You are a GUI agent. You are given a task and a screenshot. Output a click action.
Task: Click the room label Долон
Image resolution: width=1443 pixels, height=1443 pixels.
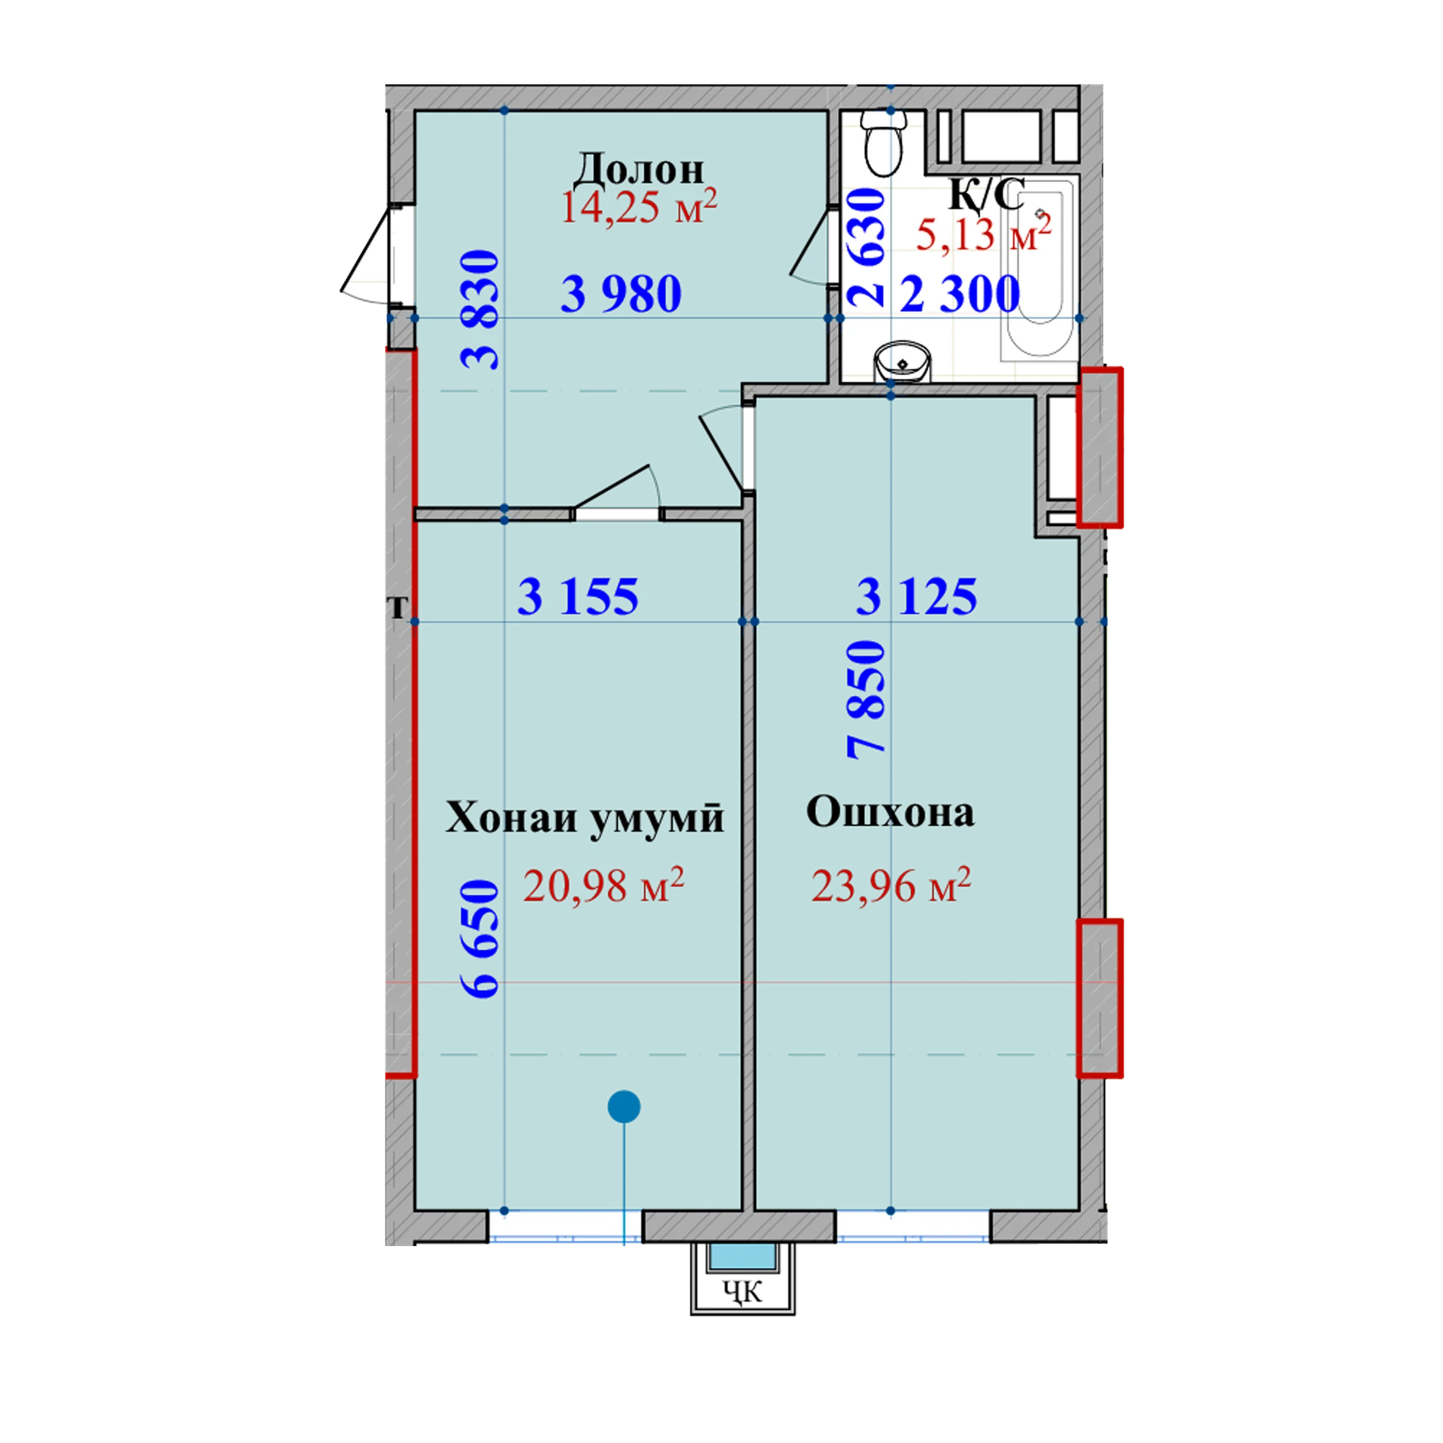(x=639, y=170)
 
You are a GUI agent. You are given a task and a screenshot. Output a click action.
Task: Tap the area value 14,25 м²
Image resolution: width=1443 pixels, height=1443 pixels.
(x=639, y=207)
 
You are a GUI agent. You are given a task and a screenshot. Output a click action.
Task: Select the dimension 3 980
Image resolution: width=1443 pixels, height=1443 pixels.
(x=622, y=294)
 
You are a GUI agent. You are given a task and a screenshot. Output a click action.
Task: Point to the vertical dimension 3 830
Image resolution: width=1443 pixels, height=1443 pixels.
(x=480, y=310)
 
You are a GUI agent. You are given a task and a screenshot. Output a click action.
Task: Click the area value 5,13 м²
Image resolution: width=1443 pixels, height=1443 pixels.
(x=983, y=234)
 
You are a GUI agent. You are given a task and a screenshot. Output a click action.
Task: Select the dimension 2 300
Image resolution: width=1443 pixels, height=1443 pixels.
(x=960, y=294)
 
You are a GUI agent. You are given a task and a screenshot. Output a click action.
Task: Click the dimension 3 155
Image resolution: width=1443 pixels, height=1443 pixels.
(x=578, y=597)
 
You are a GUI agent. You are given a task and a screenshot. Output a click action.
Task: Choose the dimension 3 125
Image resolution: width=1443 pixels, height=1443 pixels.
(x=917, y=597)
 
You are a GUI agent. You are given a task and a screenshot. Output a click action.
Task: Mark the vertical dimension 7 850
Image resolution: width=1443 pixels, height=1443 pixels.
(x=867, y=700)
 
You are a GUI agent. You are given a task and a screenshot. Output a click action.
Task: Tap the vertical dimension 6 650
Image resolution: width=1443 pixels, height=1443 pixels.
(x=480, y=939)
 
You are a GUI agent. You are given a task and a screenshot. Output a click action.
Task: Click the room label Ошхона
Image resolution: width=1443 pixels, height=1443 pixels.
(x=891, y=812)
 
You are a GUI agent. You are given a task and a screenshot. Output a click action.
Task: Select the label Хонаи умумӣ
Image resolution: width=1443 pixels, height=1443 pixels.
(x=585, y=817)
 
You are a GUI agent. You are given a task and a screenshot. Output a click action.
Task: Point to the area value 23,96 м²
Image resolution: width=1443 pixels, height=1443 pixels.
(x=891, y=885)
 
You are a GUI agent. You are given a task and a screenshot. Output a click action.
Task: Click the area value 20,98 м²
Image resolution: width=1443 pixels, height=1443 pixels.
(x=604, y=885)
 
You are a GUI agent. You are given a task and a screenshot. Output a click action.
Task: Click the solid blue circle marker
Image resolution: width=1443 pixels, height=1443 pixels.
(x=624, y=1106)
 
